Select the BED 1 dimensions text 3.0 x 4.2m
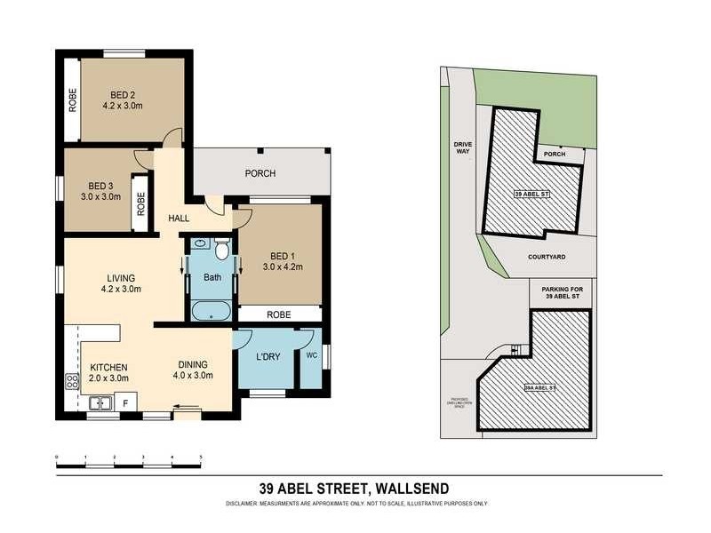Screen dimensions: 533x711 pyautogui.click(x=283, y=266)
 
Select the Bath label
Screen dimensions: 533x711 pyautogui.click(x=212, y=277)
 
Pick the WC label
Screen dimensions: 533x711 pyautogui.click(x=311, y=355)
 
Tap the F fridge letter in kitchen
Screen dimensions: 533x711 pyautogui.click(x=125, y=403)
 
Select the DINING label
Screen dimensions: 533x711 pyautogui.click(x=192, y=364)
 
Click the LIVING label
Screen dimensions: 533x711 pyautogui.click(x=120, y=276)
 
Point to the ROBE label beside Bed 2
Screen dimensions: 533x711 pyautogui.click(x=72, y=100)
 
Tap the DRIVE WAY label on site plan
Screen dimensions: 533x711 pyautogui.click(x=462, y=147)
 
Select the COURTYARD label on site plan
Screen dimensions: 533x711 pyautogui.click(x=547, y=257)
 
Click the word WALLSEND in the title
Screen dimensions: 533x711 pyautogui.click(x=412, y=488)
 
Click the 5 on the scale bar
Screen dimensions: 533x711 pyautogui.click(x=201, y=456)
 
